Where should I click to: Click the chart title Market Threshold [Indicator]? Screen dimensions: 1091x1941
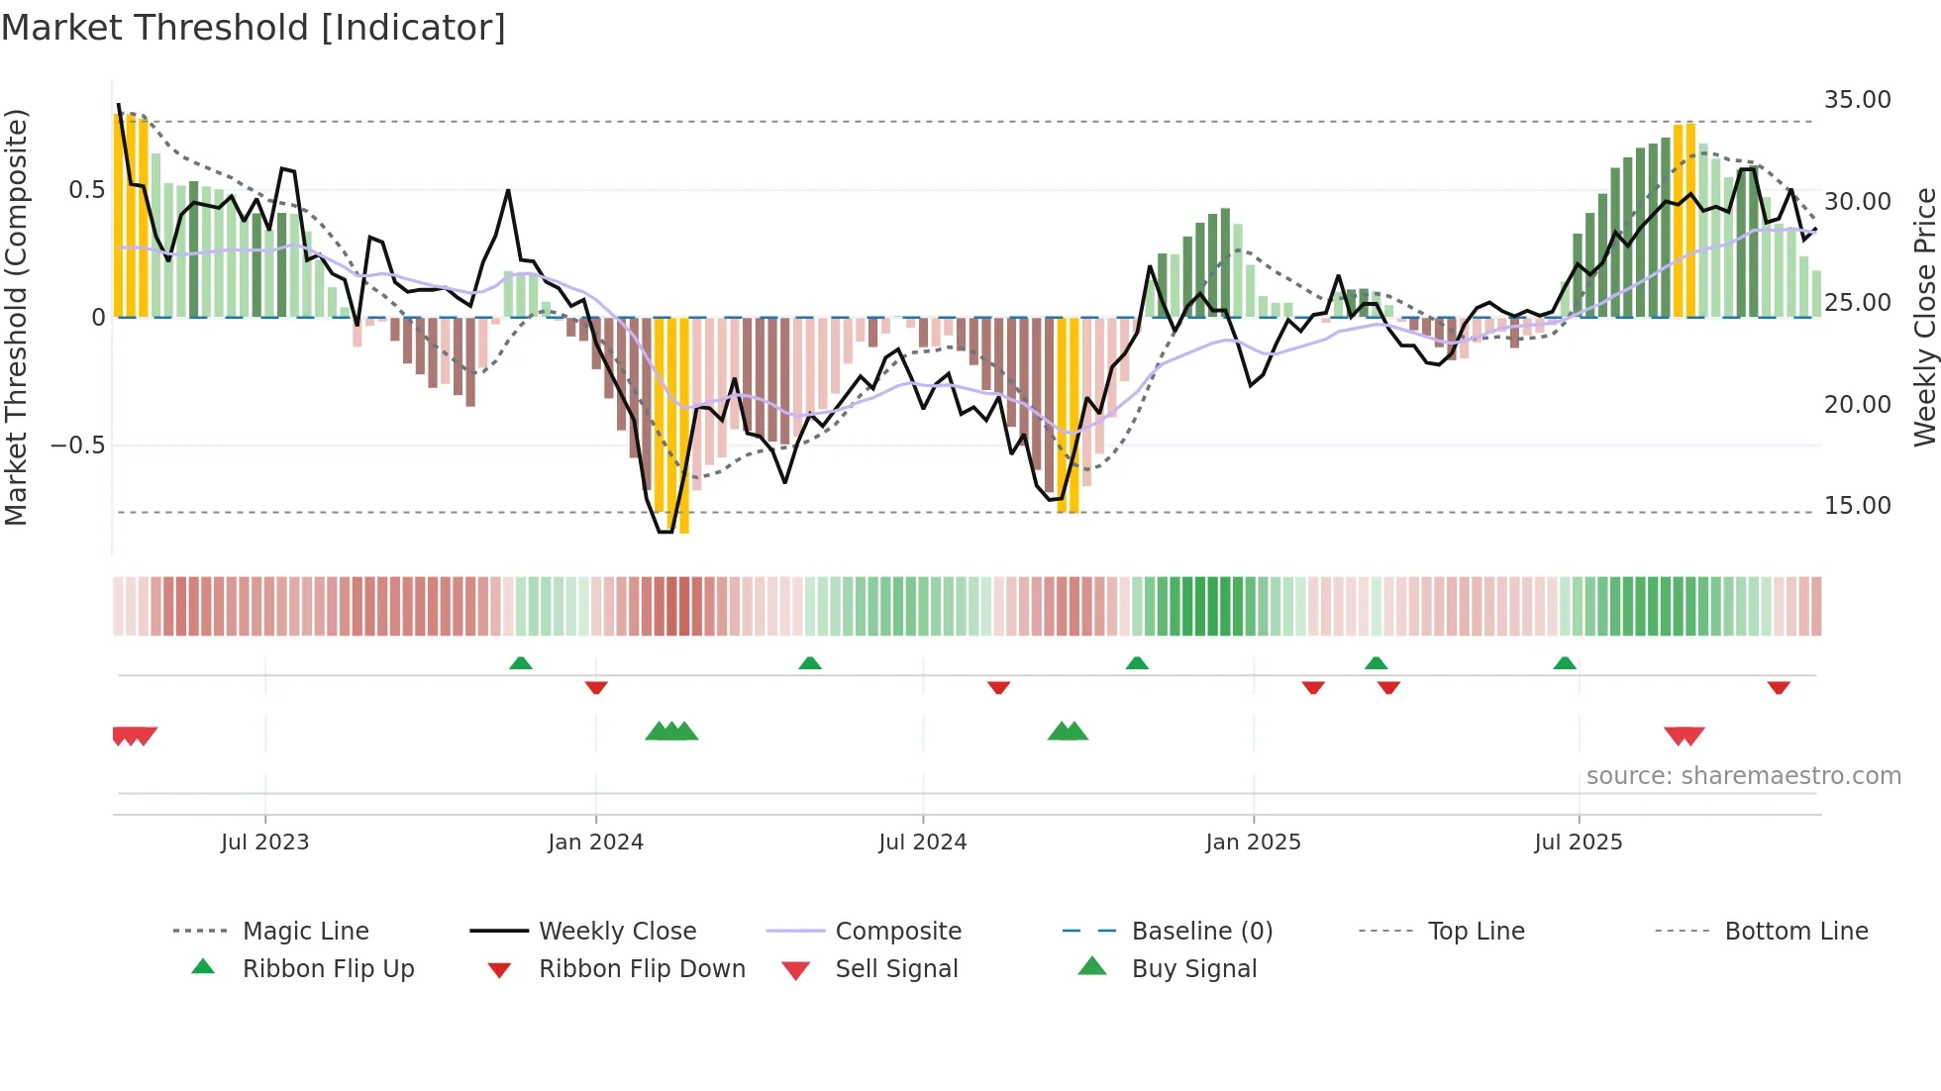click(254, 28)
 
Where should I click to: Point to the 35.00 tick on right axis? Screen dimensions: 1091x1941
click(1857, 100)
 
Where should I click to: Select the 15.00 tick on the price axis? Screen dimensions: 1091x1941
click(1857, 506)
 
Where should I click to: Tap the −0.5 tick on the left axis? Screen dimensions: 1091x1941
click(77, 446)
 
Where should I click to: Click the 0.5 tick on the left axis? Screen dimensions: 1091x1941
click(86, 190)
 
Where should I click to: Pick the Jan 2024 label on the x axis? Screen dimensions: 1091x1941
click(595, 843)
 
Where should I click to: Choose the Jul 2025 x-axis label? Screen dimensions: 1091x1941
click(1578, 843)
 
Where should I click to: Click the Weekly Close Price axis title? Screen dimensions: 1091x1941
click(1923, 317)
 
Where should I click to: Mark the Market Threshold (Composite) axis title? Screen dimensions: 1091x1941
click(16, 317)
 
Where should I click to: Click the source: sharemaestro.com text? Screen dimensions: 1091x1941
click(1743, 776)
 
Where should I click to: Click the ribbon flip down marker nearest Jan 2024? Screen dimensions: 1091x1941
click(596, 687)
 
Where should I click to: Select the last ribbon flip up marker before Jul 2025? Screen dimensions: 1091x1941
click(1565, 663)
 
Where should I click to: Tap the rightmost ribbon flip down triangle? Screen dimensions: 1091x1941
click(1779, 687)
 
